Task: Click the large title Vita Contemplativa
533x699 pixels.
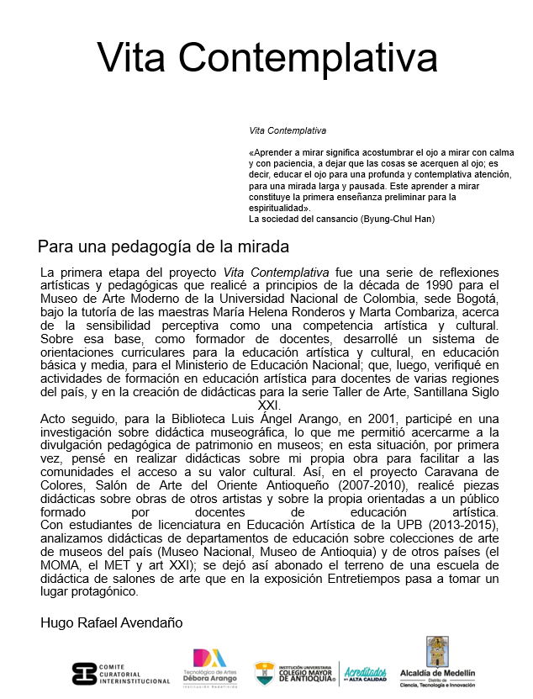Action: coord(266,58)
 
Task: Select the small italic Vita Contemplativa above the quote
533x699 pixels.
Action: coord(288,131)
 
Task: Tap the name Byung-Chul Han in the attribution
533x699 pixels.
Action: coord(400,219)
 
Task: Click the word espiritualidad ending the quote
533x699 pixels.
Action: coord(278,208)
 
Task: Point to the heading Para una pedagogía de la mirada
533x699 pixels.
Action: coord(163,247)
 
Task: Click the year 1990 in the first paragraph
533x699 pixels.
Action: coord(456,286)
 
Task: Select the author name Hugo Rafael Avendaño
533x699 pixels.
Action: coord(111,622)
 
